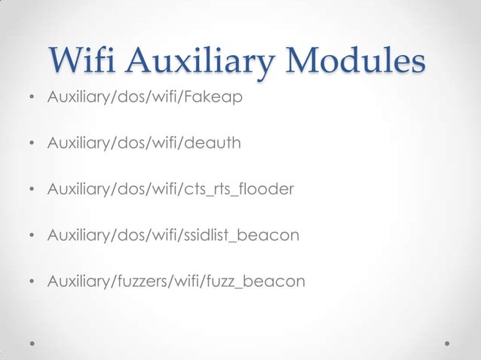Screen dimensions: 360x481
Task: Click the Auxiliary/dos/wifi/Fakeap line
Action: [145, 98]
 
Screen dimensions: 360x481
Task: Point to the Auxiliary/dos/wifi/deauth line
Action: [145, 144]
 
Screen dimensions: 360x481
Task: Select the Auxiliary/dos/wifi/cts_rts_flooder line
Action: [169, 190]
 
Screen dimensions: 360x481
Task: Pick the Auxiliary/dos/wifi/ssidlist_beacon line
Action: [173, 236]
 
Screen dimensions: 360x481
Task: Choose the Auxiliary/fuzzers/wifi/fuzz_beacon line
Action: [176, 282]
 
